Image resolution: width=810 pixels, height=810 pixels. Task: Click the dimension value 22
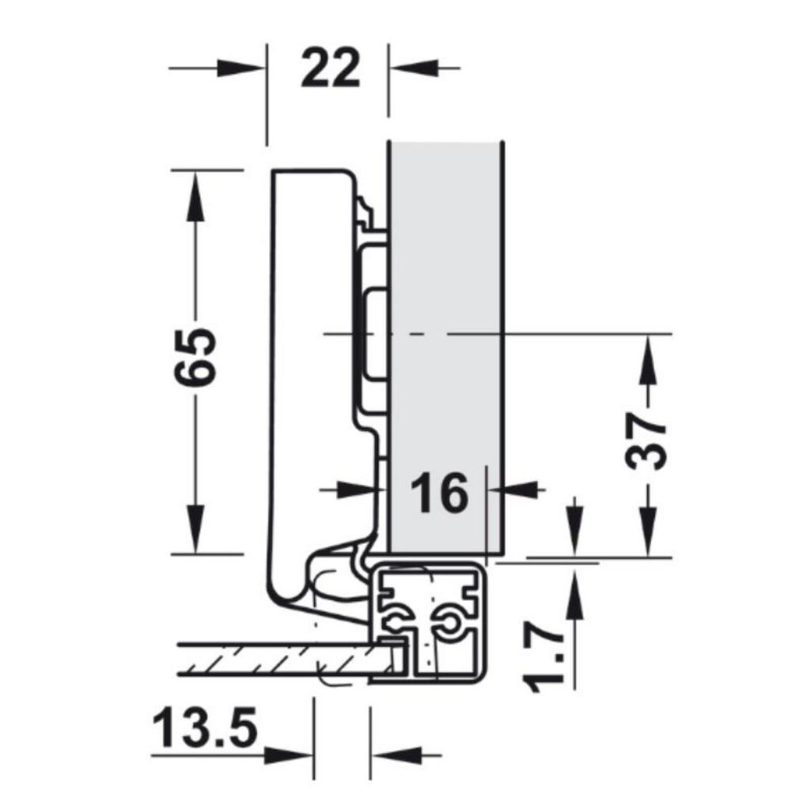pyautogui.click(x=330, y=70)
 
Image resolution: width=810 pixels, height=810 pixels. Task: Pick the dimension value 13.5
pyautogui.click(x=205, y=729)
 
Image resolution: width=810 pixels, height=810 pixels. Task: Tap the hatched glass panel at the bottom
pyautogui.click(x=277, y=658)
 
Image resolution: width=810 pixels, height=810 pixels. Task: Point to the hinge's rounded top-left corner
pyautogui.click(x=276, y=176)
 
